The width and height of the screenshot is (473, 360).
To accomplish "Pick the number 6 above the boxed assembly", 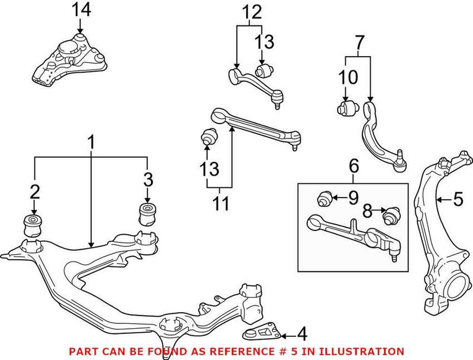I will coord(353,166).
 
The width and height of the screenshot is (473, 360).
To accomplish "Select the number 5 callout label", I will coord(458,200).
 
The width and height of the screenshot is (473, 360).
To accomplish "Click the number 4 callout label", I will coord(302,334).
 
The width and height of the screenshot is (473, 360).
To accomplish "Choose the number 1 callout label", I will coord(91,142).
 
